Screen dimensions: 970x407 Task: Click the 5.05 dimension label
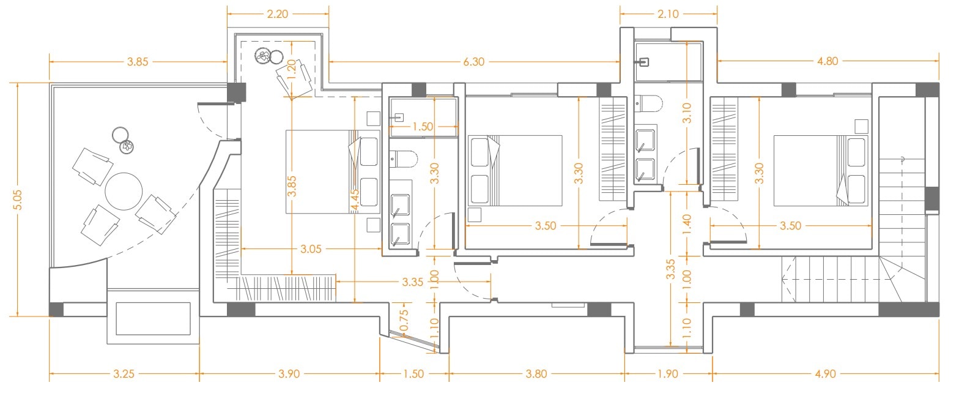pos(17,200)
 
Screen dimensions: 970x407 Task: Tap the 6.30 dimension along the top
pos(474,62)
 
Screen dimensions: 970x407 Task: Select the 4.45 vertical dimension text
pos(355,200)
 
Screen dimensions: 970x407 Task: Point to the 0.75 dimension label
pos(404,320)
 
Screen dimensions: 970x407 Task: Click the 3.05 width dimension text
pos(311,249)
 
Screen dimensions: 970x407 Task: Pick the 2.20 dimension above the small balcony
pos(277,14)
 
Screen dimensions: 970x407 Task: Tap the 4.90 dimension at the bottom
pos(826,373)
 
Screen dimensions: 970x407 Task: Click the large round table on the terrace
pos(124,191)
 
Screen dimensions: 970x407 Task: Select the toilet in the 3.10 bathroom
pos(648,104)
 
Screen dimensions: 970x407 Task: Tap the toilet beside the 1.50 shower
pos(403,159)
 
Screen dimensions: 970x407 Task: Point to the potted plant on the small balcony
pos(262,56)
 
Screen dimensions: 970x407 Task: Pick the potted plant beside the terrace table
pos(127,147)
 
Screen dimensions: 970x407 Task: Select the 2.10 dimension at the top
pos(668,14)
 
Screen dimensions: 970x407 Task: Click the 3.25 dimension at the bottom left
pos(124,373)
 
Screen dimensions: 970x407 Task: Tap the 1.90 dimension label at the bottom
pos(668,373)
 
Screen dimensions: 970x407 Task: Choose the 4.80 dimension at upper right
pos(827,61)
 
